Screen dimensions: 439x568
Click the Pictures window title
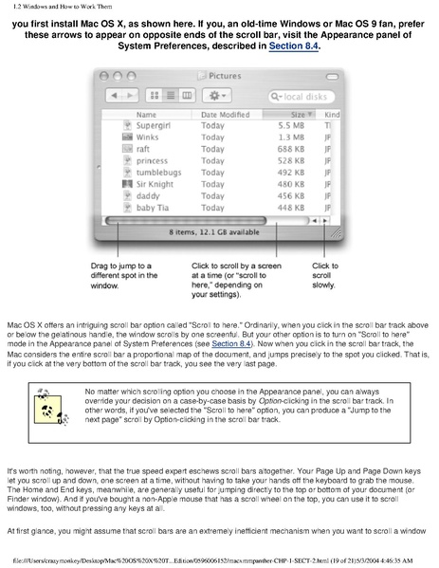(225, 77)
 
